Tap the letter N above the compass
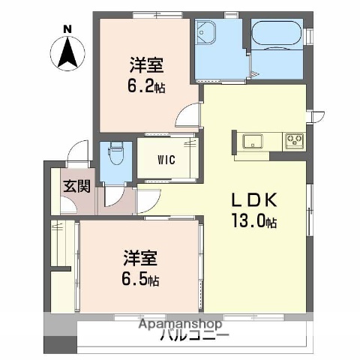(x=67, y=29)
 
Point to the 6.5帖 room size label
(x=141, y=280)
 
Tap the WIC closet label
(x=167, y=159)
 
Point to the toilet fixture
(x=115, y=154)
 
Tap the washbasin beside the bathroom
(x=205, y=33)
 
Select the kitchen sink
(x=250, y=140)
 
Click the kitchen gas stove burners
(x=292, y=139)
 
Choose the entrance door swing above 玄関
(x=76, y=154)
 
